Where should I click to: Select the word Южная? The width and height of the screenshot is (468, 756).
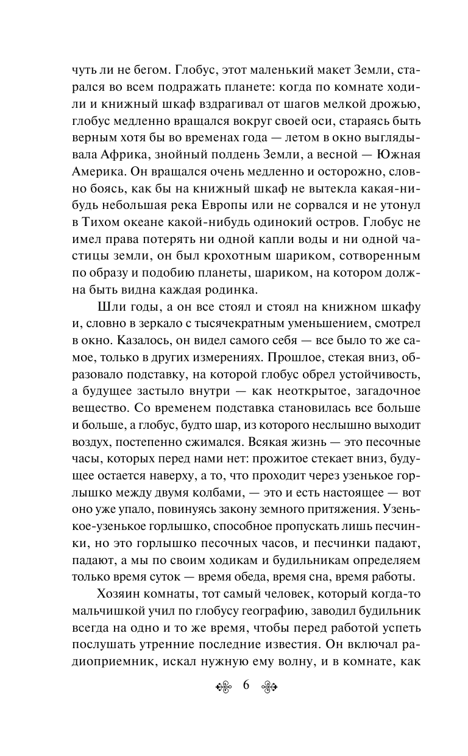(377, 150)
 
